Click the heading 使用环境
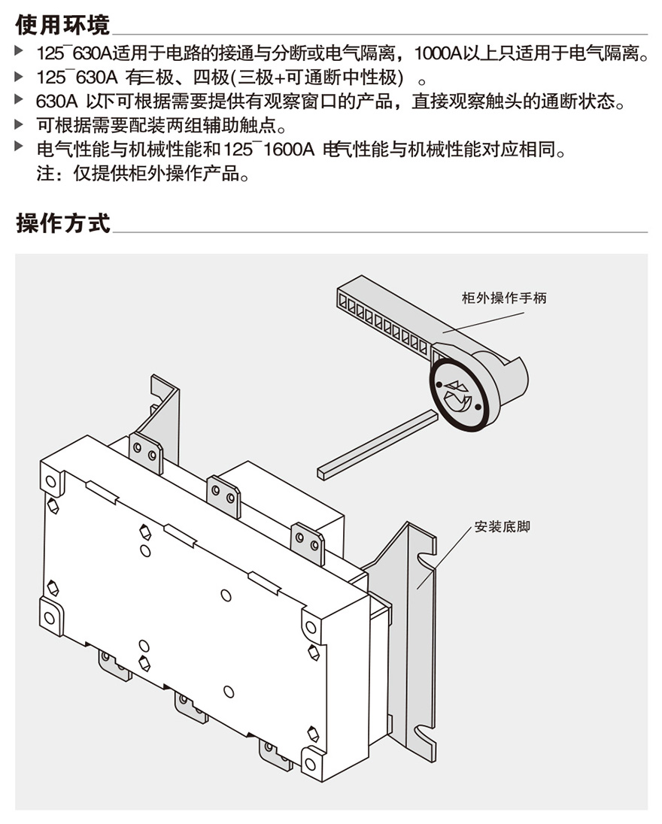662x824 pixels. click(x=62, y=24)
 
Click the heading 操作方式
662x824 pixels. click(x=62, y=223)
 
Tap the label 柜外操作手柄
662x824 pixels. click(x=503, y=298)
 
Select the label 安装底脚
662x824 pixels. click(x=502, y=526)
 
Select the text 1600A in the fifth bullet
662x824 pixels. click(x=288, y=150)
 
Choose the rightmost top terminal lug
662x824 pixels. click(x=307, y=542)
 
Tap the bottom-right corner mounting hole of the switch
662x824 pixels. click(x=311, y=764)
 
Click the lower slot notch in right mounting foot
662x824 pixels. click(x=426, y=728)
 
